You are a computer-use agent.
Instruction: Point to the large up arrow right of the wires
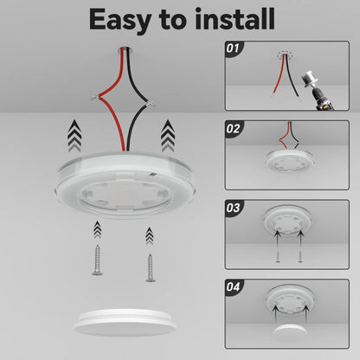(x=168, y=135)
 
